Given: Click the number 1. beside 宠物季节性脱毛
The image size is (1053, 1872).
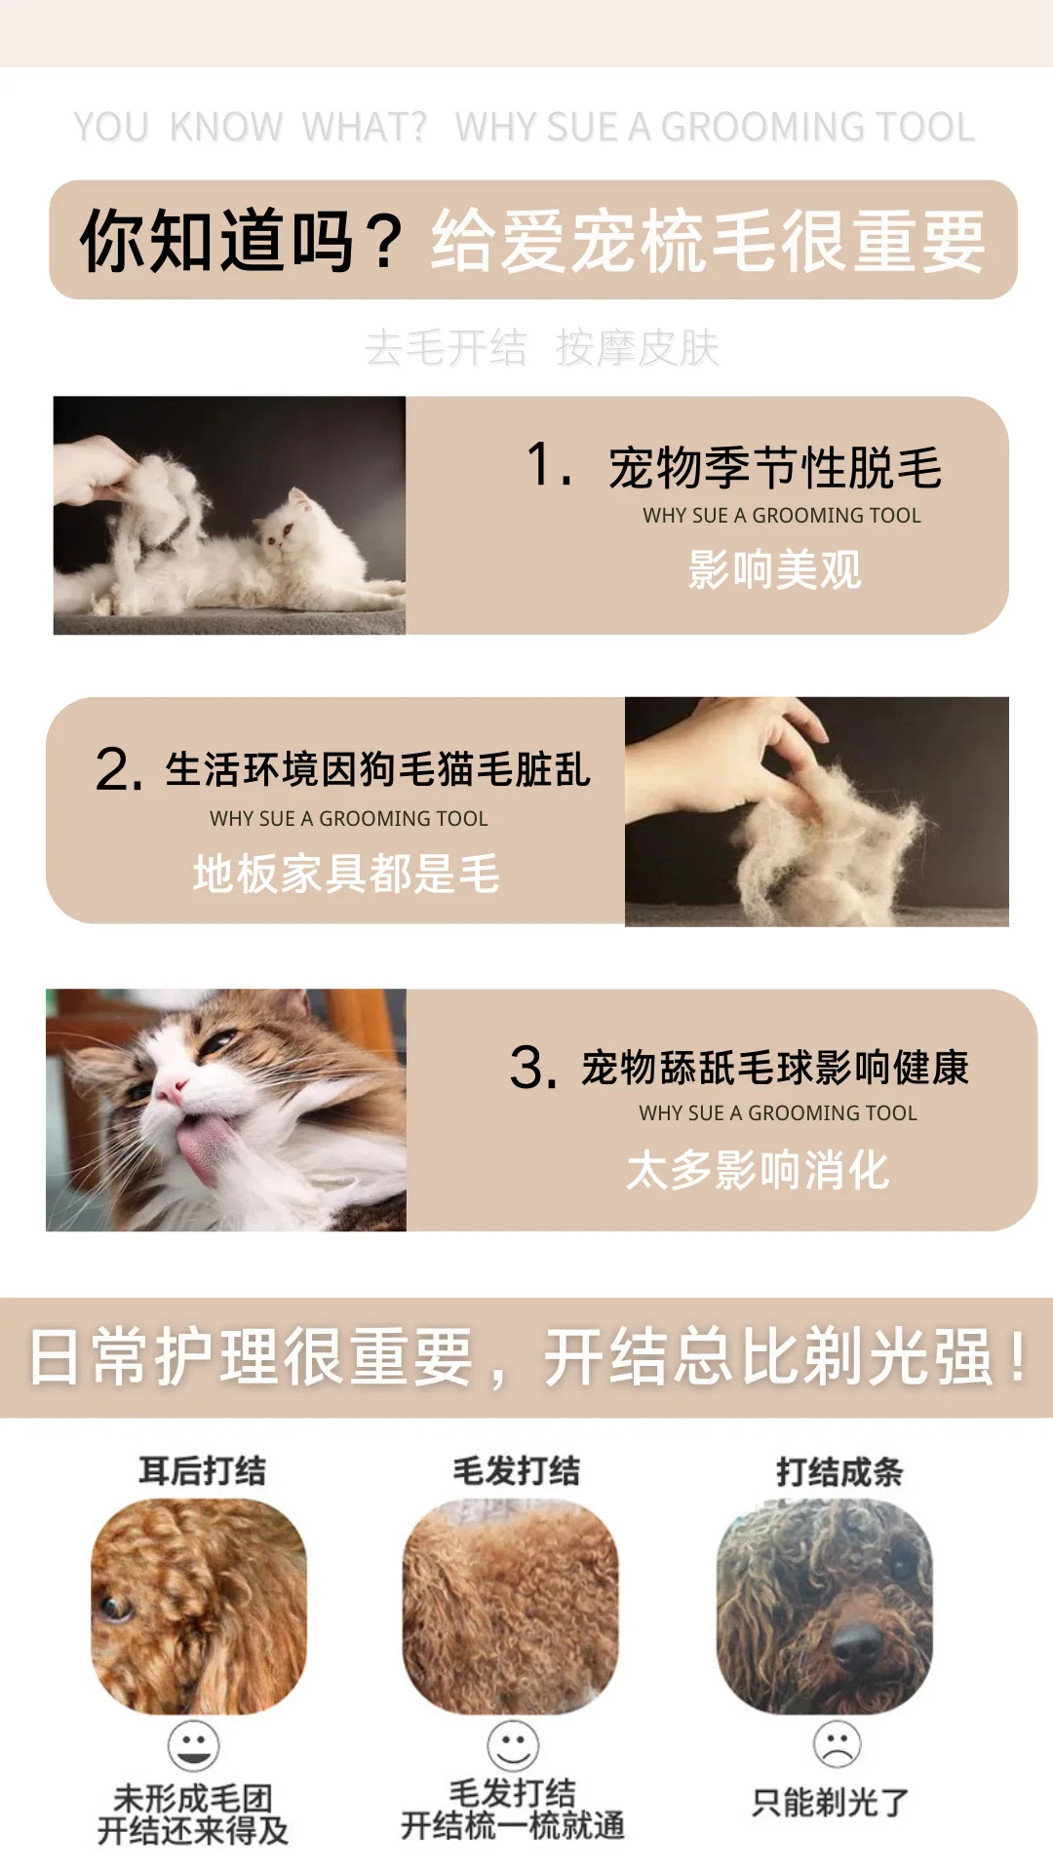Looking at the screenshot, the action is click(549, 464).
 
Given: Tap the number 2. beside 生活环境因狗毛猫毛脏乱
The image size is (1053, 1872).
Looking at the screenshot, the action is click(120, 770).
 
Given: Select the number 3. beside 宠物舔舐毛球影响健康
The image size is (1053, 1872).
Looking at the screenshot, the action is click(533, 1068).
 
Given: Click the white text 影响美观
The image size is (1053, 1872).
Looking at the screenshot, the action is click(775, 570).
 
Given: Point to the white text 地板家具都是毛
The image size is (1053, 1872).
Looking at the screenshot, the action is click(346, 874).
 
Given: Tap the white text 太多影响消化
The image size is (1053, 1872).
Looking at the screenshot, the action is click(758, 1170).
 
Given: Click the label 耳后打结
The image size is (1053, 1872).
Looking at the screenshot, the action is click(202, 1470).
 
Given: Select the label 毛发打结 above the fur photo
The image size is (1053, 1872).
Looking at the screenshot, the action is click(516, 1470).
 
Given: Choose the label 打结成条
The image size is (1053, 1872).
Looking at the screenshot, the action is click(839, 1471).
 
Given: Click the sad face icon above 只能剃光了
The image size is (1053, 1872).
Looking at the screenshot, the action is click(837, 1744).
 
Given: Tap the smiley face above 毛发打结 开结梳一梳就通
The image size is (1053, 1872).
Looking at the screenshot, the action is click(513, 1745).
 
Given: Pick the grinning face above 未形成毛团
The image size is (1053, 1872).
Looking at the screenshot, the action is click(193, 1745).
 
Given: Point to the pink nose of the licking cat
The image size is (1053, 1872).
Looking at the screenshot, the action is click(174, 1088).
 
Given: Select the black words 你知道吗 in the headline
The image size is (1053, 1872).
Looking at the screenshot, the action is click(216, 241).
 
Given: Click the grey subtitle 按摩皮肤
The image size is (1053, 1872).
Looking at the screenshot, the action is click(638, 348).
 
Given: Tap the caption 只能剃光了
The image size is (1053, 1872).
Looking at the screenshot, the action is click(831, 1803).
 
